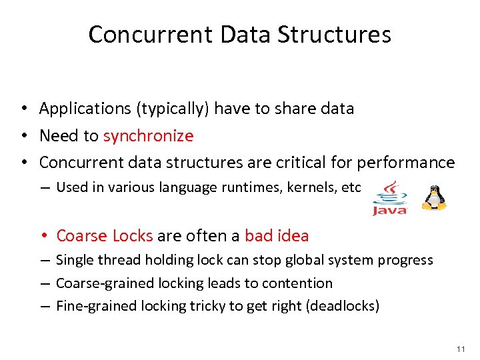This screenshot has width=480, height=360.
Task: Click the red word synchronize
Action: click(x=148, y=136)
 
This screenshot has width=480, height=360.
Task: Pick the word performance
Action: click(x=406, y=163)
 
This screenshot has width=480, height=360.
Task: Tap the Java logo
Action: click(x=389, y=198)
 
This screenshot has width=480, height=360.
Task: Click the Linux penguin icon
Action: click(x=436, y=197)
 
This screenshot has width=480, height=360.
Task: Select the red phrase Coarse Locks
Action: click(x=105, y=235)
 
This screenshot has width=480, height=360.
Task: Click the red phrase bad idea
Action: click(x=277, y=235)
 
